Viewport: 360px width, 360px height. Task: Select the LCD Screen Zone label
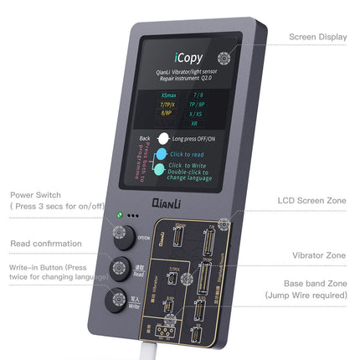(313, 201)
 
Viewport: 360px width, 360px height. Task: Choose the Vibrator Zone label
(319, 255)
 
